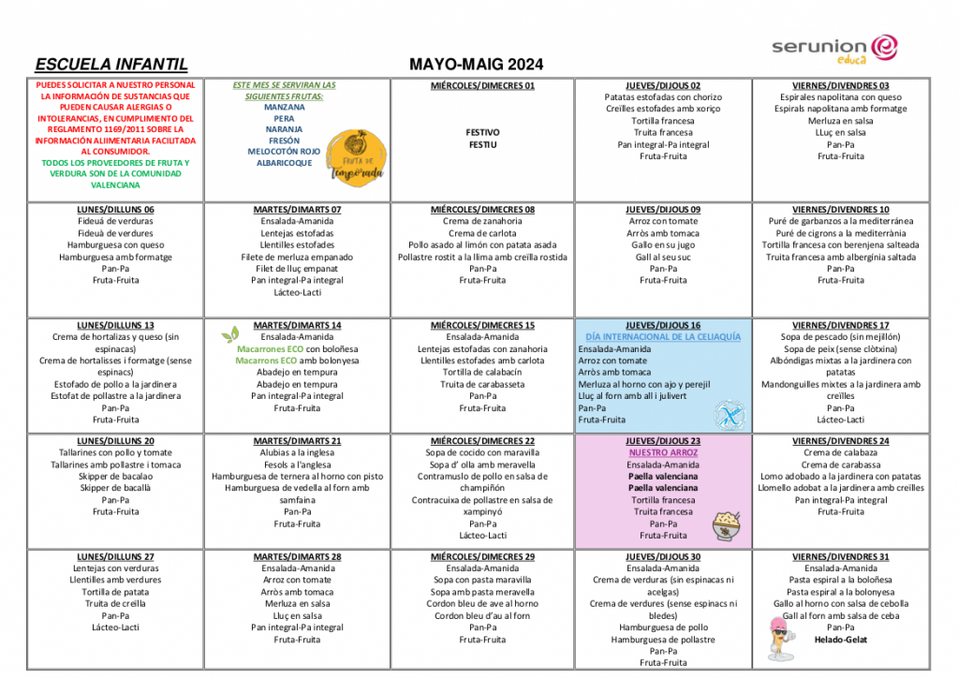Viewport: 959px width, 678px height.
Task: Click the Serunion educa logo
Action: pyautogui.click(x=834, y=48)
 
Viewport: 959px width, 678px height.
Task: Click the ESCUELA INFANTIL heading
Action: pyautogui.click(x=111, y=65)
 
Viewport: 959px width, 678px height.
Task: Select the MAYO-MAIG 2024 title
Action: pyautogui.click(x=476, y=65)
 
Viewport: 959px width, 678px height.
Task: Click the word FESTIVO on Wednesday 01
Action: pyautogui.click(x=482, y=133)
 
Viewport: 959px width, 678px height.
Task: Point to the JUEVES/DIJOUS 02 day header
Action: pyautogui.click(x=663, y=85)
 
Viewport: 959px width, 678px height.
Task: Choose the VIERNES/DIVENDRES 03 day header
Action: pyautogui.click(x=840, y=85)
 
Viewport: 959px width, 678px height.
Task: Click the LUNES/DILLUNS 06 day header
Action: pyautogui.click(x=116, y=209)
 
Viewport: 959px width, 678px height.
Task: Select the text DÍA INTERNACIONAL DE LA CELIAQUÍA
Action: pyautogui.click(x=662, y=336)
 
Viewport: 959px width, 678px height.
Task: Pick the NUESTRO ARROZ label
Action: pyautogui.click(x=663, y=452)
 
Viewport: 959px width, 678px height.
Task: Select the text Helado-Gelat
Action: pyautogui.click(x=840, y=640)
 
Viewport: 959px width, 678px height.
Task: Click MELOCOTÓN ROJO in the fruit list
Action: pyautogui.click(x=284, y=151)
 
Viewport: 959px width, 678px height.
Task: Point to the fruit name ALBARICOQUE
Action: pyautogui.click(x=284, y=163)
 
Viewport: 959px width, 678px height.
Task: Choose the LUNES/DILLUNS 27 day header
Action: pyautogui.click(x=116, y=556)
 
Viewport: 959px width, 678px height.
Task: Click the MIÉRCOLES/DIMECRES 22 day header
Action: pyautogui.click(x=482, y=441)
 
